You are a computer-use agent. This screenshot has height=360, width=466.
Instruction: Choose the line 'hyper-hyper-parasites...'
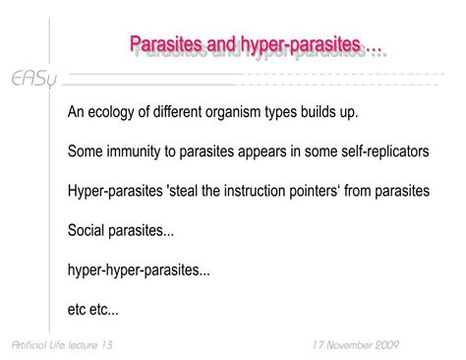coord(139,269)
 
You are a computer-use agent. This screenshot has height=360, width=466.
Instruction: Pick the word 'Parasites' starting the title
coord(167,45)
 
